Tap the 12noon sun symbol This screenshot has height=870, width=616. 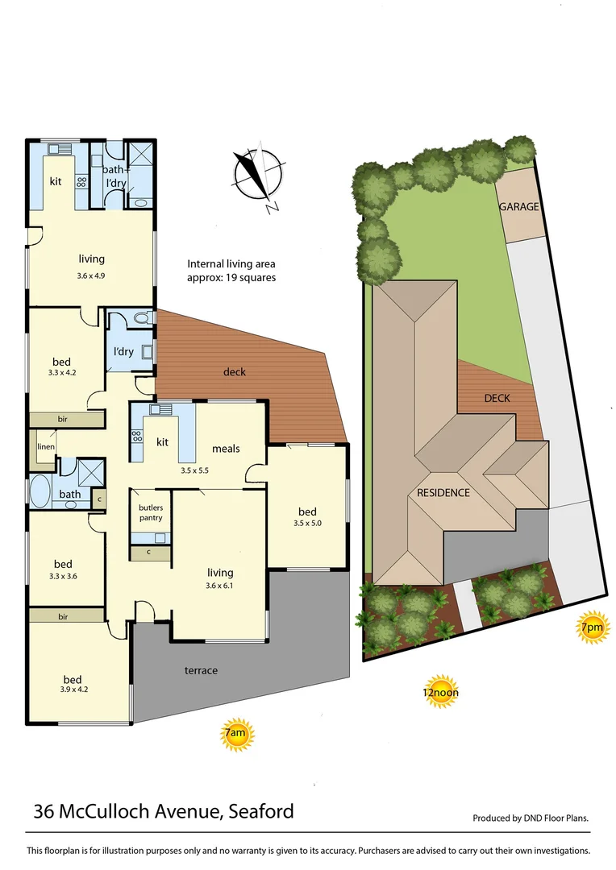pos(441,690)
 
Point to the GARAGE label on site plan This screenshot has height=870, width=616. pos(518,207)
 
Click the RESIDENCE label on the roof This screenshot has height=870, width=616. pos(443,492)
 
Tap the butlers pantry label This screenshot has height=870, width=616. pos(151,512)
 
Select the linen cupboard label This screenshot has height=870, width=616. pos(44,446)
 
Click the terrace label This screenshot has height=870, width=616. pos(201,670)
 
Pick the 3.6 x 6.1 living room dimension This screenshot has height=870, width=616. pos(219,586)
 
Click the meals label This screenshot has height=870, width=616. pos(226,449)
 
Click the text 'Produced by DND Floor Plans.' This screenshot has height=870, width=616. pos(531,818)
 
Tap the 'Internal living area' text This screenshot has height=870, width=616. pos(231,263)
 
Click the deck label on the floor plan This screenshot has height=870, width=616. pos(235,372)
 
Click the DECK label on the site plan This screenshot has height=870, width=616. pos(497,398)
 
